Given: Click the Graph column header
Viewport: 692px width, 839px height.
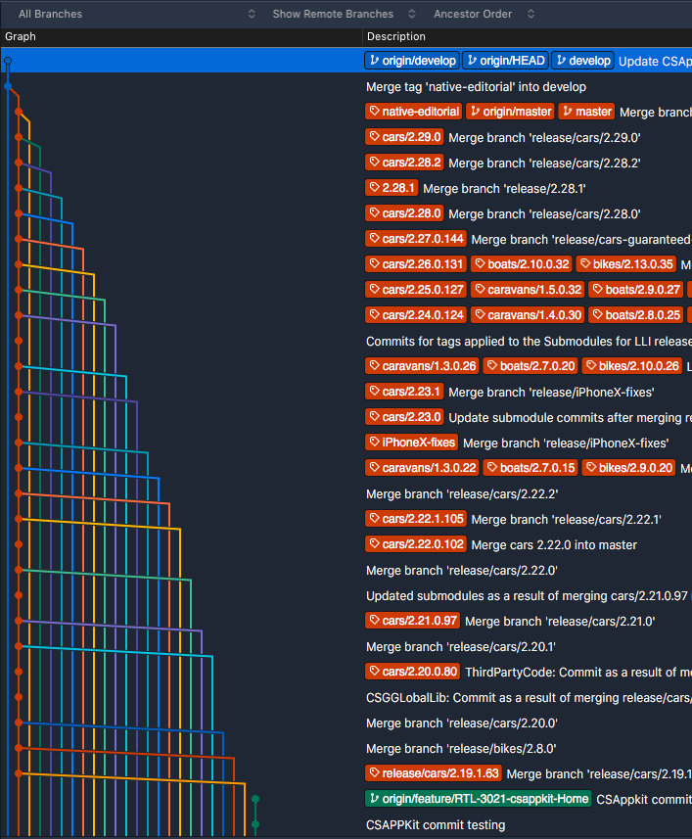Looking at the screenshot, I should coord(21,36).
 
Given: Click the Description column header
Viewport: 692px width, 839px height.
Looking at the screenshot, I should coord(395,36).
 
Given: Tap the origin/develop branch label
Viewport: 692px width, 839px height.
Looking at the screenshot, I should coord(411,61).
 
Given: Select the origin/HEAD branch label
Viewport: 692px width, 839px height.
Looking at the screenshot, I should coord(505,61).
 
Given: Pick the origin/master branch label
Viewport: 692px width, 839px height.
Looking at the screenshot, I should coord(510,112).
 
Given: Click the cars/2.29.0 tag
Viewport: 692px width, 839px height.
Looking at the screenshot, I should coord(405,137).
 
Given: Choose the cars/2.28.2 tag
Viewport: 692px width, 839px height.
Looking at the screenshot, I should coord(405,163).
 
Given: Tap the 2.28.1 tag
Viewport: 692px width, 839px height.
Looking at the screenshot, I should coord(392,188).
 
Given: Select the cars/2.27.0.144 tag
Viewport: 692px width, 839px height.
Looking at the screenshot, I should coord(416,239).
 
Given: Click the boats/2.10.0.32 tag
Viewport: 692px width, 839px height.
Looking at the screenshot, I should coord(522,264).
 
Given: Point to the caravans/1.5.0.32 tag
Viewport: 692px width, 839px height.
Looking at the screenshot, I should coord(529,290).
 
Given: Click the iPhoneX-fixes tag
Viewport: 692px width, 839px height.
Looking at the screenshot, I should coord(412,443).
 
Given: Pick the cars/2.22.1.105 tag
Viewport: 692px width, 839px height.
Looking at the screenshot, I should coord(416,519).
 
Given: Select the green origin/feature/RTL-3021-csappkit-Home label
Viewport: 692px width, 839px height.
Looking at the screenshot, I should coord(478,799).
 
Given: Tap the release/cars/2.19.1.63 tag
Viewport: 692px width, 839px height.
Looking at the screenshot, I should coord(434,773).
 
